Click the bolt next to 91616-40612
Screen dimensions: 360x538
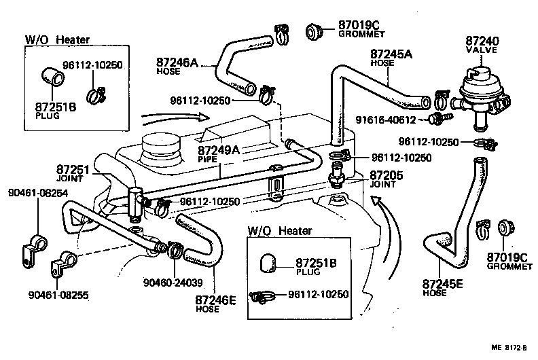[x=436, y=120]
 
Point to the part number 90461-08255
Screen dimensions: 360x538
[x=58, y=295]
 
